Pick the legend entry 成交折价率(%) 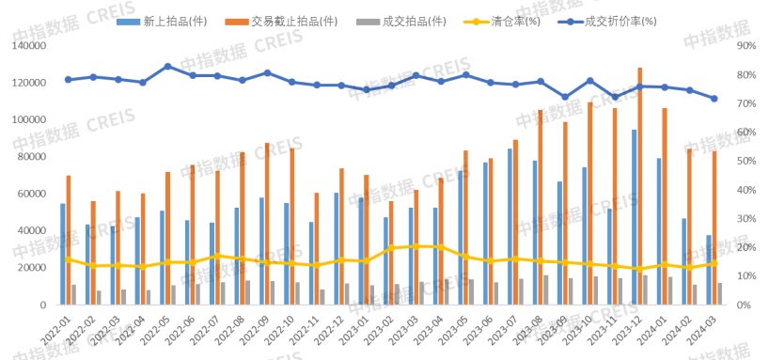[620, 20]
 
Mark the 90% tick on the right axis [745, 45]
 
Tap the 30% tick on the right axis [745, 219]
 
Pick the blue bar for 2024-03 [709, 270]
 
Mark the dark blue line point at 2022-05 [167, 66]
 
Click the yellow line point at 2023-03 [416, 245]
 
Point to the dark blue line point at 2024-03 [714, 99]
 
